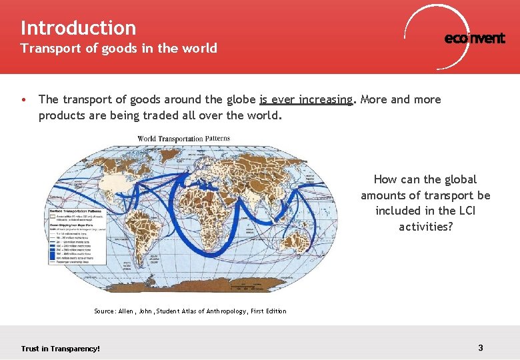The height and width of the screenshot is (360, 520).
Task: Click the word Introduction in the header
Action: [x=78, y=28]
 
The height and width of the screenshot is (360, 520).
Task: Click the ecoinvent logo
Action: [x=474, y=38]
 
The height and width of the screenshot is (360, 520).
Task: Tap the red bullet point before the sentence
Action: [x=23, y=100]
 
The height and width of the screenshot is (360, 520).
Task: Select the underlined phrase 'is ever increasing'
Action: [x=306, y=100]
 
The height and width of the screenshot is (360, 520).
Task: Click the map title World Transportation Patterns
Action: [x=183, y=139]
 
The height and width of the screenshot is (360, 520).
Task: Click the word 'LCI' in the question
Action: [x=464, y=211]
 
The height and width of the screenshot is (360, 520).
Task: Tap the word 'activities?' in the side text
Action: [x=425, y=227]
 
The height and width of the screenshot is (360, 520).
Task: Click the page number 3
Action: [x=481, y=347]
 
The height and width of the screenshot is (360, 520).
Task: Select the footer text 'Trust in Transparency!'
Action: [x=60, y=348]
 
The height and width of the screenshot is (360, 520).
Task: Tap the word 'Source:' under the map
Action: [x=105, y=311]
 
